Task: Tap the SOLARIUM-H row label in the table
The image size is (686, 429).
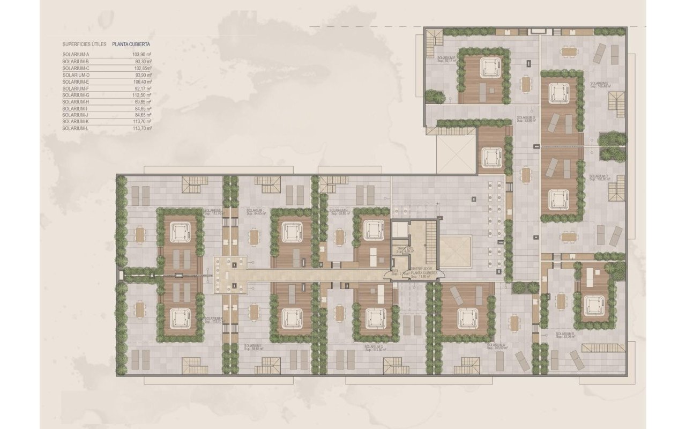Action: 74,102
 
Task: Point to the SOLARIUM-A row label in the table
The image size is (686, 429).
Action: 74,55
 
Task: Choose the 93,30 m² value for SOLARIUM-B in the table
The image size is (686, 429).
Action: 143,62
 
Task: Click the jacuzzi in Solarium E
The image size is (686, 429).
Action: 488,68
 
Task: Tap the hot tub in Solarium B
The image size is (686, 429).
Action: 593,304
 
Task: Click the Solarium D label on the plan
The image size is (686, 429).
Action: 525,119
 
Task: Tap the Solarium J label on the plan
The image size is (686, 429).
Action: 256,211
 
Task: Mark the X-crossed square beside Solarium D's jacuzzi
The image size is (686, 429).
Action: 456,154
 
